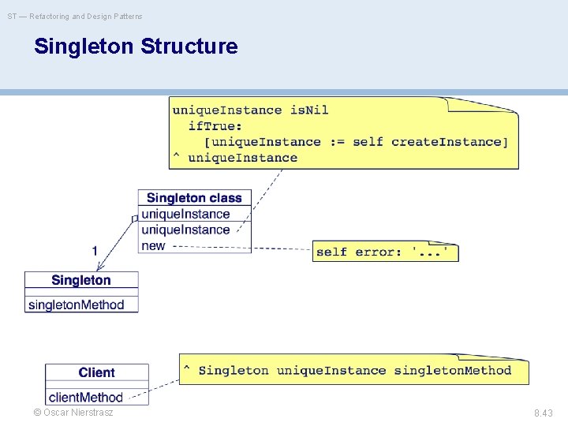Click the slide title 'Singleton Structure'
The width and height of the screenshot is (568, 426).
coord(136,47)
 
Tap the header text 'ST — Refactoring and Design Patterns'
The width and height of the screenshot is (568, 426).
coord(75,16)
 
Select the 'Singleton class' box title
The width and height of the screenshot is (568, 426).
coord(194,198)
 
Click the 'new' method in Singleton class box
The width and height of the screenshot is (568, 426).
coord(153,245)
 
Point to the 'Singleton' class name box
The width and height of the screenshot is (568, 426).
coord(81,280)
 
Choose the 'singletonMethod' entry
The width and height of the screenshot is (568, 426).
coord(77,305)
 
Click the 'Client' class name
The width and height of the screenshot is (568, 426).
coord(96,372)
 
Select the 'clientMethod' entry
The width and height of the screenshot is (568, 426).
coord(86,397)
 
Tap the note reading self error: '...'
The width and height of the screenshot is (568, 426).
coord(386,252)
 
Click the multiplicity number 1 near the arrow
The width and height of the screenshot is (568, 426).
coord(95,251)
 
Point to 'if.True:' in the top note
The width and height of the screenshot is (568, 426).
coord(215,126)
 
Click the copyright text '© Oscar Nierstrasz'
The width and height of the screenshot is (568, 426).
coord(73,413)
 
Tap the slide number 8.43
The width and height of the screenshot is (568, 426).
coord(544,413)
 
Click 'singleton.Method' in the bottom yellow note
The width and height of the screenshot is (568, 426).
coord(452,370)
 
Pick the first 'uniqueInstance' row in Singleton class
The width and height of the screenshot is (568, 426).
coord(185,214)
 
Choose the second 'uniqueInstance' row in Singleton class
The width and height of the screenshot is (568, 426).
coord(185,230)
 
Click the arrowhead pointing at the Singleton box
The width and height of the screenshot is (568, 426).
coord(99,269)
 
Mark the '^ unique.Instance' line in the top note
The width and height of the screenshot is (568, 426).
coord(235,158)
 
